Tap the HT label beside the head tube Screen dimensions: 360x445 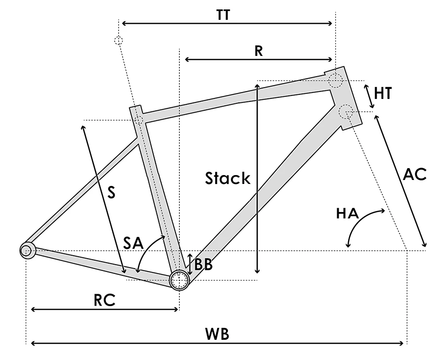pyautogui.click(x=383, y=93)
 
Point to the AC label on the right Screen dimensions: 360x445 pyautogui.click(x=414, y=175)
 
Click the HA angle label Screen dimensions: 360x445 pyautogui.click(x=347, y=214)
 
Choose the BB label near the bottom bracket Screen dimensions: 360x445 pyautogui.click(x=203, y=265)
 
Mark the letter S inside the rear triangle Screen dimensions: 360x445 pyautogui.click(x=111, y=193)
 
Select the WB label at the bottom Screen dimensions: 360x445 pyautogui.click(x=218, y=334)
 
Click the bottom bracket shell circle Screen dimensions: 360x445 pyautogui.click(x=179, y=280)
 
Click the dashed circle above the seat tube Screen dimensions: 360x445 pyautogui.click(x=118, y=40)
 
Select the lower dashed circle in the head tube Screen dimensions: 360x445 pyautogui.click(x=346, y=112)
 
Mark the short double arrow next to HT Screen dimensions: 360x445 pyautogui.click(x=369, y=96)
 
